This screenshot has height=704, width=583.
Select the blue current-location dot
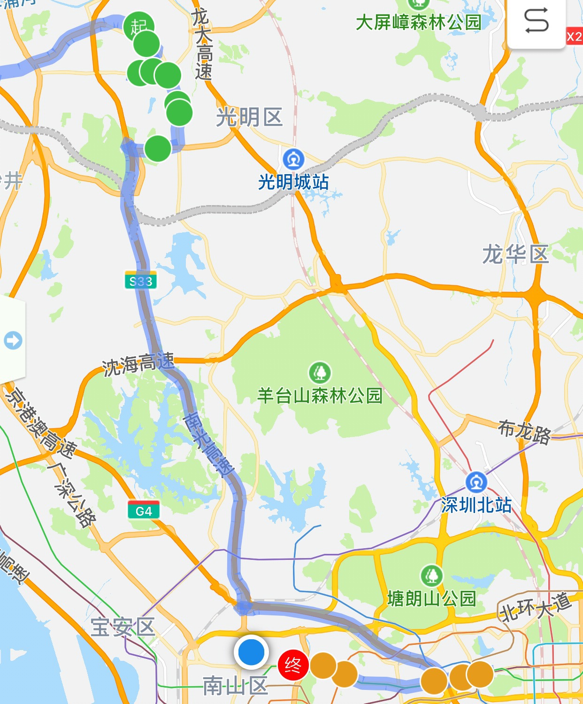251,652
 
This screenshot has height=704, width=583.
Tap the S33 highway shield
141,280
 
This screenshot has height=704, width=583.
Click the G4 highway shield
144,510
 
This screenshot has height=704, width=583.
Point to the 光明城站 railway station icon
294,160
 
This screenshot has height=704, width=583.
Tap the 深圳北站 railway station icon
476,482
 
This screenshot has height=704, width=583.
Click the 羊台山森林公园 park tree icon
320,373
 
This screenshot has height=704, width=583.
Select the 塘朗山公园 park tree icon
432,576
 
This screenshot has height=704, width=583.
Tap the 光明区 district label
249,117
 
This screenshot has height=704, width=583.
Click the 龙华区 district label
515,254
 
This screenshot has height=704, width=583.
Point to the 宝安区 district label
123,627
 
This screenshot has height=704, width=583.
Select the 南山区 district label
235,686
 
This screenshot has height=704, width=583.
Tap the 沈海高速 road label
138,364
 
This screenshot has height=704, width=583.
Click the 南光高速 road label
208,444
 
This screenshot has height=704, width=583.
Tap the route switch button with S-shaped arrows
536,21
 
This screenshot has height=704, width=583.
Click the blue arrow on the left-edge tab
13,340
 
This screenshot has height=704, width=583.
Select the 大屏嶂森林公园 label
419,22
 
